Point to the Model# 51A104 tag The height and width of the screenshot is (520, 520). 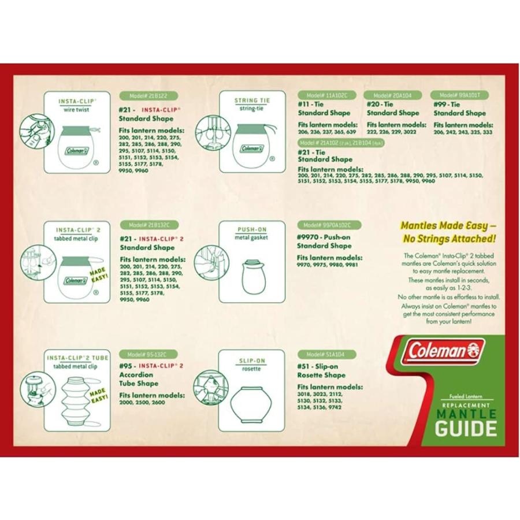click(326, 354)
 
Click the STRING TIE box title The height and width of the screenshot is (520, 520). click(252, 100)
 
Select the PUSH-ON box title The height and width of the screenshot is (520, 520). click(252, 229)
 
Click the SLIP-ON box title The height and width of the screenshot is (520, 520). click(252, 361)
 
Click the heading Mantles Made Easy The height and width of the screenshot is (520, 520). click(449, 231)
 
